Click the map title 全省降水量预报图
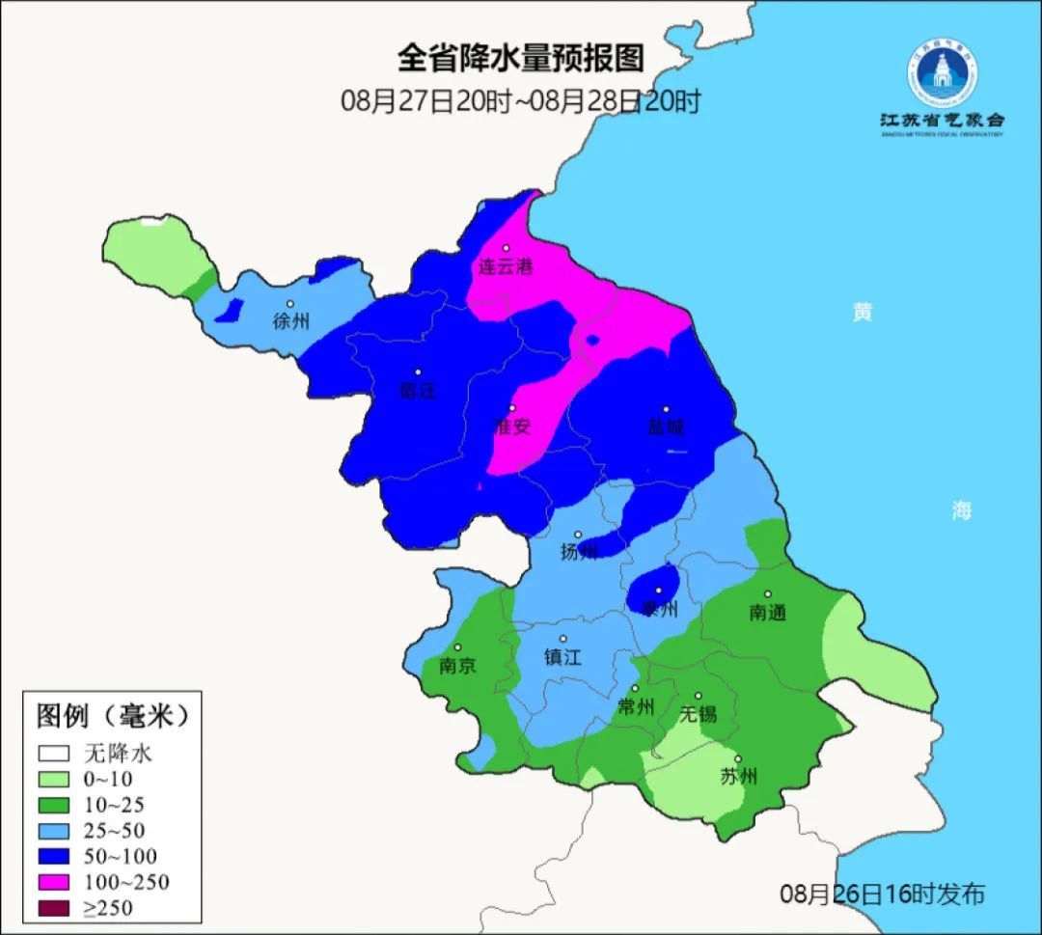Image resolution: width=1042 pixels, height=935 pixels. (520, 59)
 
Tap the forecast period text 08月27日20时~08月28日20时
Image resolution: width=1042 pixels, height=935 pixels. (520, 100)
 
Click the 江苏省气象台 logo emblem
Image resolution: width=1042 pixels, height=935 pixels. (942, 72)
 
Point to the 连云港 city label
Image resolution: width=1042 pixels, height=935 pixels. (506, 267)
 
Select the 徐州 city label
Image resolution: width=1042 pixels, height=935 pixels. (290, 321)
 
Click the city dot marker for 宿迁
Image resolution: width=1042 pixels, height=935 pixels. (418, 371)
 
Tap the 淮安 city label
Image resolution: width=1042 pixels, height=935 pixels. (512, 426)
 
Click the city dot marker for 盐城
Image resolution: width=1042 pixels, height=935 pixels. (665, 409)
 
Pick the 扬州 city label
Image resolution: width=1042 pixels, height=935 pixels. (579, 552)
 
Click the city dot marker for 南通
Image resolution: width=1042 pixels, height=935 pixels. (768, 594)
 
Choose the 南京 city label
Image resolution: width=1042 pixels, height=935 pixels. (457, 666)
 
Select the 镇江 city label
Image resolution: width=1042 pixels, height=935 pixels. (563, 657)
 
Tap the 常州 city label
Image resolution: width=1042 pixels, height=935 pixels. (636, 707)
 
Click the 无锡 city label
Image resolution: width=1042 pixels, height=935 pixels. (698, 714)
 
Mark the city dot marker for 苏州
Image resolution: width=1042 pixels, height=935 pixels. (738, 759)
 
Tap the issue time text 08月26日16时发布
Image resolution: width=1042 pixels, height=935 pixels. (882, 894)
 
